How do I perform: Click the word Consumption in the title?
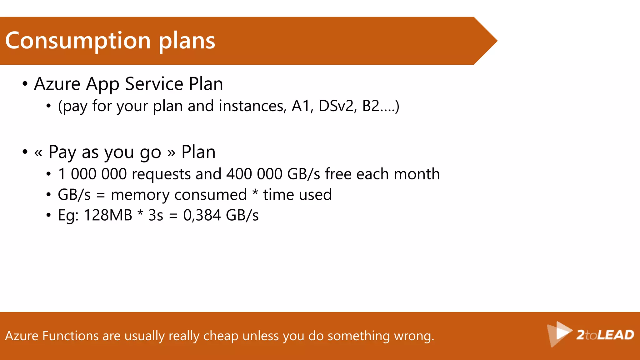tap(78, 41)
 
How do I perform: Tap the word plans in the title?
tap(187, 41)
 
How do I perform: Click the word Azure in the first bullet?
tap(57, 84)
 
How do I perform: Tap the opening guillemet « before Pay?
tap(38, 153)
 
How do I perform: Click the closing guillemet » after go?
tap(171, 153)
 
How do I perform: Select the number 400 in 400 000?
tap(239, 174)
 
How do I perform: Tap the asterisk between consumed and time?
tap(255, 193)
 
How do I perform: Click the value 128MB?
tap(108, 215)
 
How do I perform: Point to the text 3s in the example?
tap(156, 215)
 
